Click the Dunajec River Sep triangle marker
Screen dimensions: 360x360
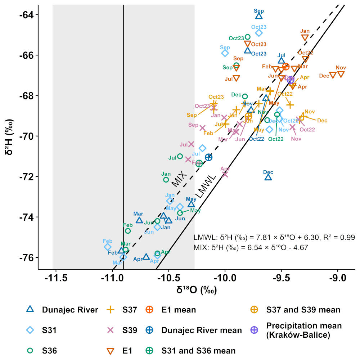pyautogui.click(x=259, y=16)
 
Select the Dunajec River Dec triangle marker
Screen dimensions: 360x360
pyautogui.click(x=268, y=177)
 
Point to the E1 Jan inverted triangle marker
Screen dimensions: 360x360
pyautogui.click(x=305, y=37)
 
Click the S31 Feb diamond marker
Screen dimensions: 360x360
pyautogui.click(x=107, y=247)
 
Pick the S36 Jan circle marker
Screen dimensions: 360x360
pyautogui.click(x=166, y=180)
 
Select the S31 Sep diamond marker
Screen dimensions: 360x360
pyautogui.click(x=225, y=53)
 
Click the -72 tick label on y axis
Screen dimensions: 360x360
pyautogui.click(x=26, y=177)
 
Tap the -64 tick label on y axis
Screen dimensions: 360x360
pyautogui.click(x=26, y=15)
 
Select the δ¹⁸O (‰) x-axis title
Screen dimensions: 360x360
pyautogui.click(x=196, y=289)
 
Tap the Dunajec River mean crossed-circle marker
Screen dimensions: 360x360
pyautogui.click(x=208, y=157)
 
